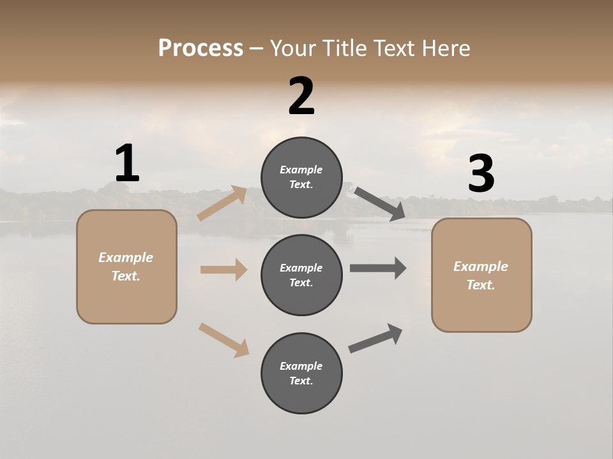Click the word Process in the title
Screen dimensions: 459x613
[201, 48]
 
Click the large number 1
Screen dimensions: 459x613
[127, 164]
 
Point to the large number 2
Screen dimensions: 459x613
[301, 96]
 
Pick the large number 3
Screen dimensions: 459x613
[481, 174]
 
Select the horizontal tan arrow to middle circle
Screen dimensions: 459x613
[223, 270]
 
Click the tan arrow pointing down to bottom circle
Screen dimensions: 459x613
[223, 339]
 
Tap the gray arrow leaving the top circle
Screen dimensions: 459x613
[379, 203]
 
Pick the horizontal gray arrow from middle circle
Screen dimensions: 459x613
[378, 268]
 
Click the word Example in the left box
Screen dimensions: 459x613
[126, 258]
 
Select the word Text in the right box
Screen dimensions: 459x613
[480, 285]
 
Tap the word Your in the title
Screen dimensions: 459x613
[292, 48]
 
